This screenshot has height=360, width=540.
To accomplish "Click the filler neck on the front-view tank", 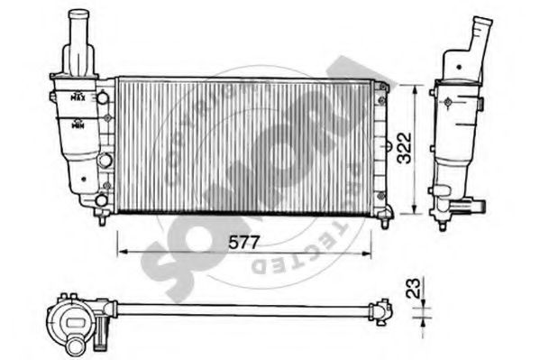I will (78, 41).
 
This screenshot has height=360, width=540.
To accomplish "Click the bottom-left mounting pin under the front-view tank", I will (102, 217).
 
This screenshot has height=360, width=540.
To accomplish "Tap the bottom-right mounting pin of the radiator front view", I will (386, 216).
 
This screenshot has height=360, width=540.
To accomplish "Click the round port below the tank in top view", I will (72, 344).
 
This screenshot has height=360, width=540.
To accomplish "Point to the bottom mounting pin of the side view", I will (442, 219).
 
